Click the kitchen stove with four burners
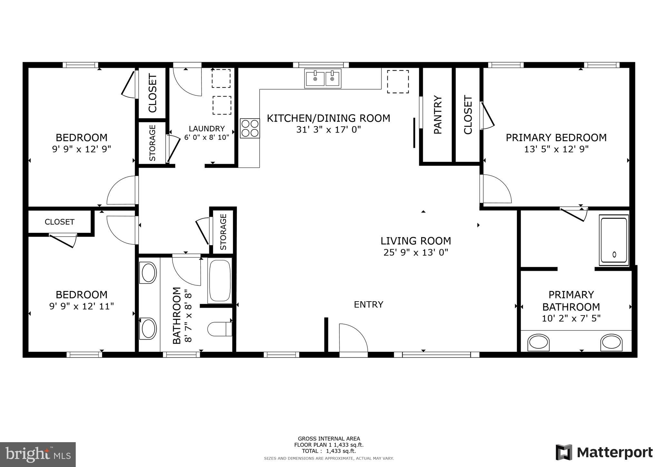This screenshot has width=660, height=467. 250,128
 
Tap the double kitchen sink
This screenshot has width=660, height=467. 323,78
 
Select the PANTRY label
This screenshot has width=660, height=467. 437,114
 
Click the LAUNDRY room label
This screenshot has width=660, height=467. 207,129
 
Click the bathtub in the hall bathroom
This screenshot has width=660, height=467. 220,281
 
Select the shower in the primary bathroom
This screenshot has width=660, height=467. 614,240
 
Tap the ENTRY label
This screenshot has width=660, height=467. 368,304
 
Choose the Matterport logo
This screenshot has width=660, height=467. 604,452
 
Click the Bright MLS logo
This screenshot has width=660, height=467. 38,454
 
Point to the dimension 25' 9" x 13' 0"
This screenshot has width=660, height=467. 416,253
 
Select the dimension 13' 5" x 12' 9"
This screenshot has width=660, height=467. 556,149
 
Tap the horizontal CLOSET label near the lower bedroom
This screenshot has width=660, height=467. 59,222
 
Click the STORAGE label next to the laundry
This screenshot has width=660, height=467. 152,143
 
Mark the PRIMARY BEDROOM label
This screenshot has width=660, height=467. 556,138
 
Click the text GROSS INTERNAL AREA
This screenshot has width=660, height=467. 329,439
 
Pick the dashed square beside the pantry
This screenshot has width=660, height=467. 398,82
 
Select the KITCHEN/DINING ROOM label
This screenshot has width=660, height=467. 328,118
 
